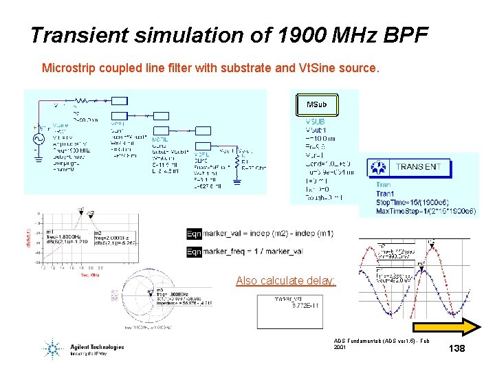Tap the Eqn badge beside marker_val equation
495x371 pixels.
click(194, 234)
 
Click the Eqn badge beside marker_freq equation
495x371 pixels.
click(194, 251)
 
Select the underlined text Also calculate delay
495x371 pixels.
click(286, 280)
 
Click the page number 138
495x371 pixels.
click(456, 349)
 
